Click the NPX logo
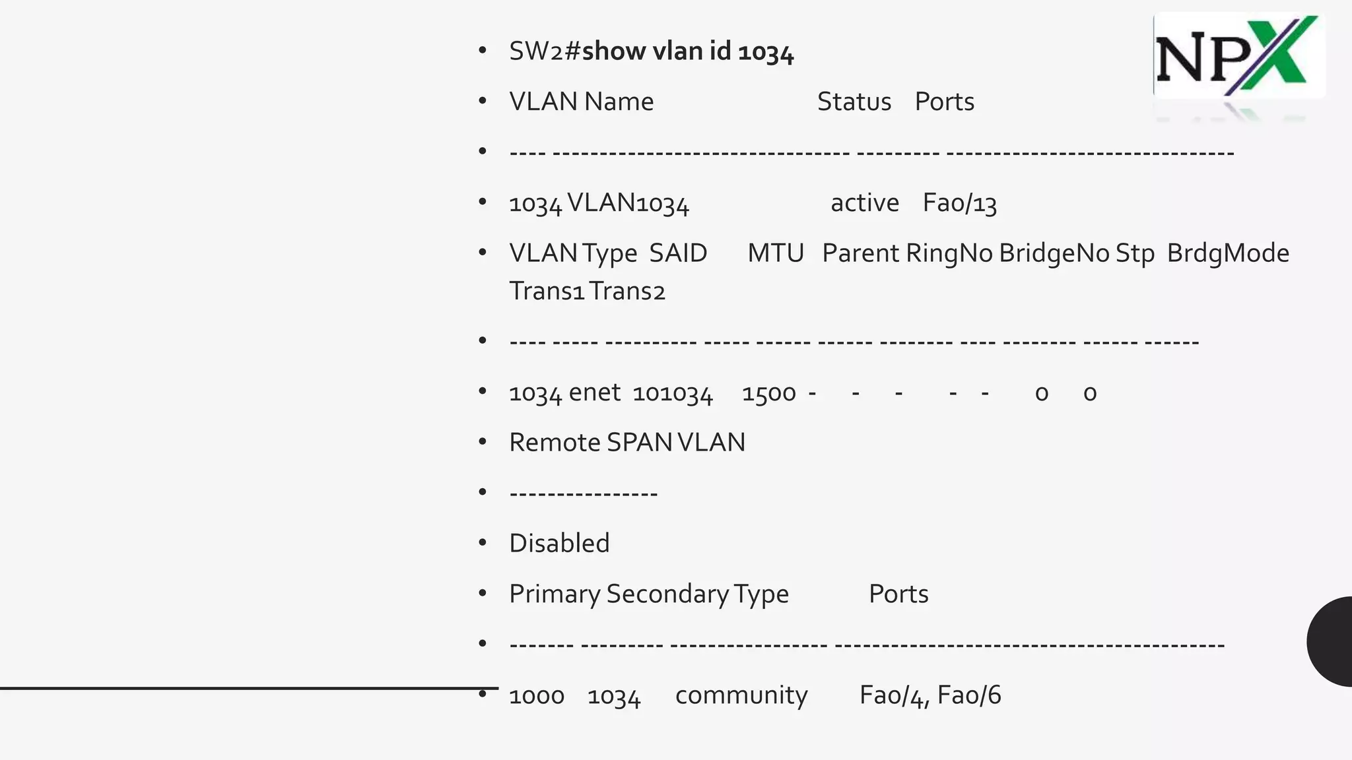[1238, 57]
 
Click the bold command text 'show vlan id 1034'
[687, 51]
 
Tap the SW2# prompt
[544, 51]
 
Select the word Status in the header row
[854, 102]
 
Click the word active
[864, 203]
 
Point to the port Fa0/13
[959, 203]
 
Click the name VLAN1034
[628, 203]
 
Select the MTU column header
[775, 253]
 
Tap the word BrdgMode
[1227, 253]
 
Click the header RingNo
[949, 253]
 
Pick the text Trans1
[547, 291]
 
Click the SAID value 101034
[672, 393]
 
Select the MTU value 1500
[768, 393]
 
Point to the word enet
[594, 393]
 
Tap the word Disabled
[559, 543]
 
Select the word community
[741, 695]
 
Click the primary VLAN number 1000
[536, 695]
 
